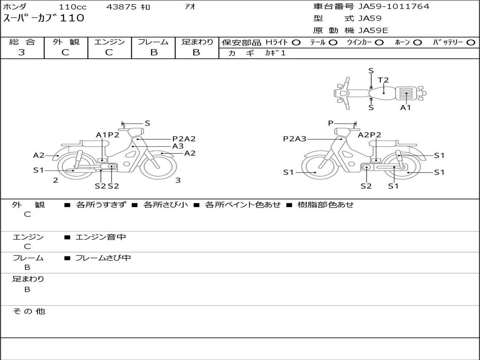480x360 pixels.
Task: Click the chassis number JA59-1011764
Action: tap(394, 6)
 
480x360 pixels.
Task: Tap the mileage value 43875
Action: tap(121, 7)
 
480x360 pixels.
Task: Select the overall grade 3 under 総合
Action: tap(22, 52)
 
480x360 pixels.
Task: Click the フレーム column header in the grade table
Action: tap(153, 42)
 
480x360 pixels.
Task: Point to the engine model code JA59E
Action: tap(373, 30)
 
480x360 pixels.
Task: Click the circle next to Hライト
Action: tap(296, 43)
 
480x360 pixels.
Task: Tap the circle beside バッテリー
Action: tap(471, 43)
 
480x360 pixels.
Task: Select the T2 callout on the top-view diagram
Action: tap(383, 80)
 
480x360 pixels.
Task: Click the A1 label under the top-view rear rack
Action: tap(405, 107)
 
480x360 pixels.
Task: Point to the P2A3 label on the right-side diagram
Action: tap(294, 139)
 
